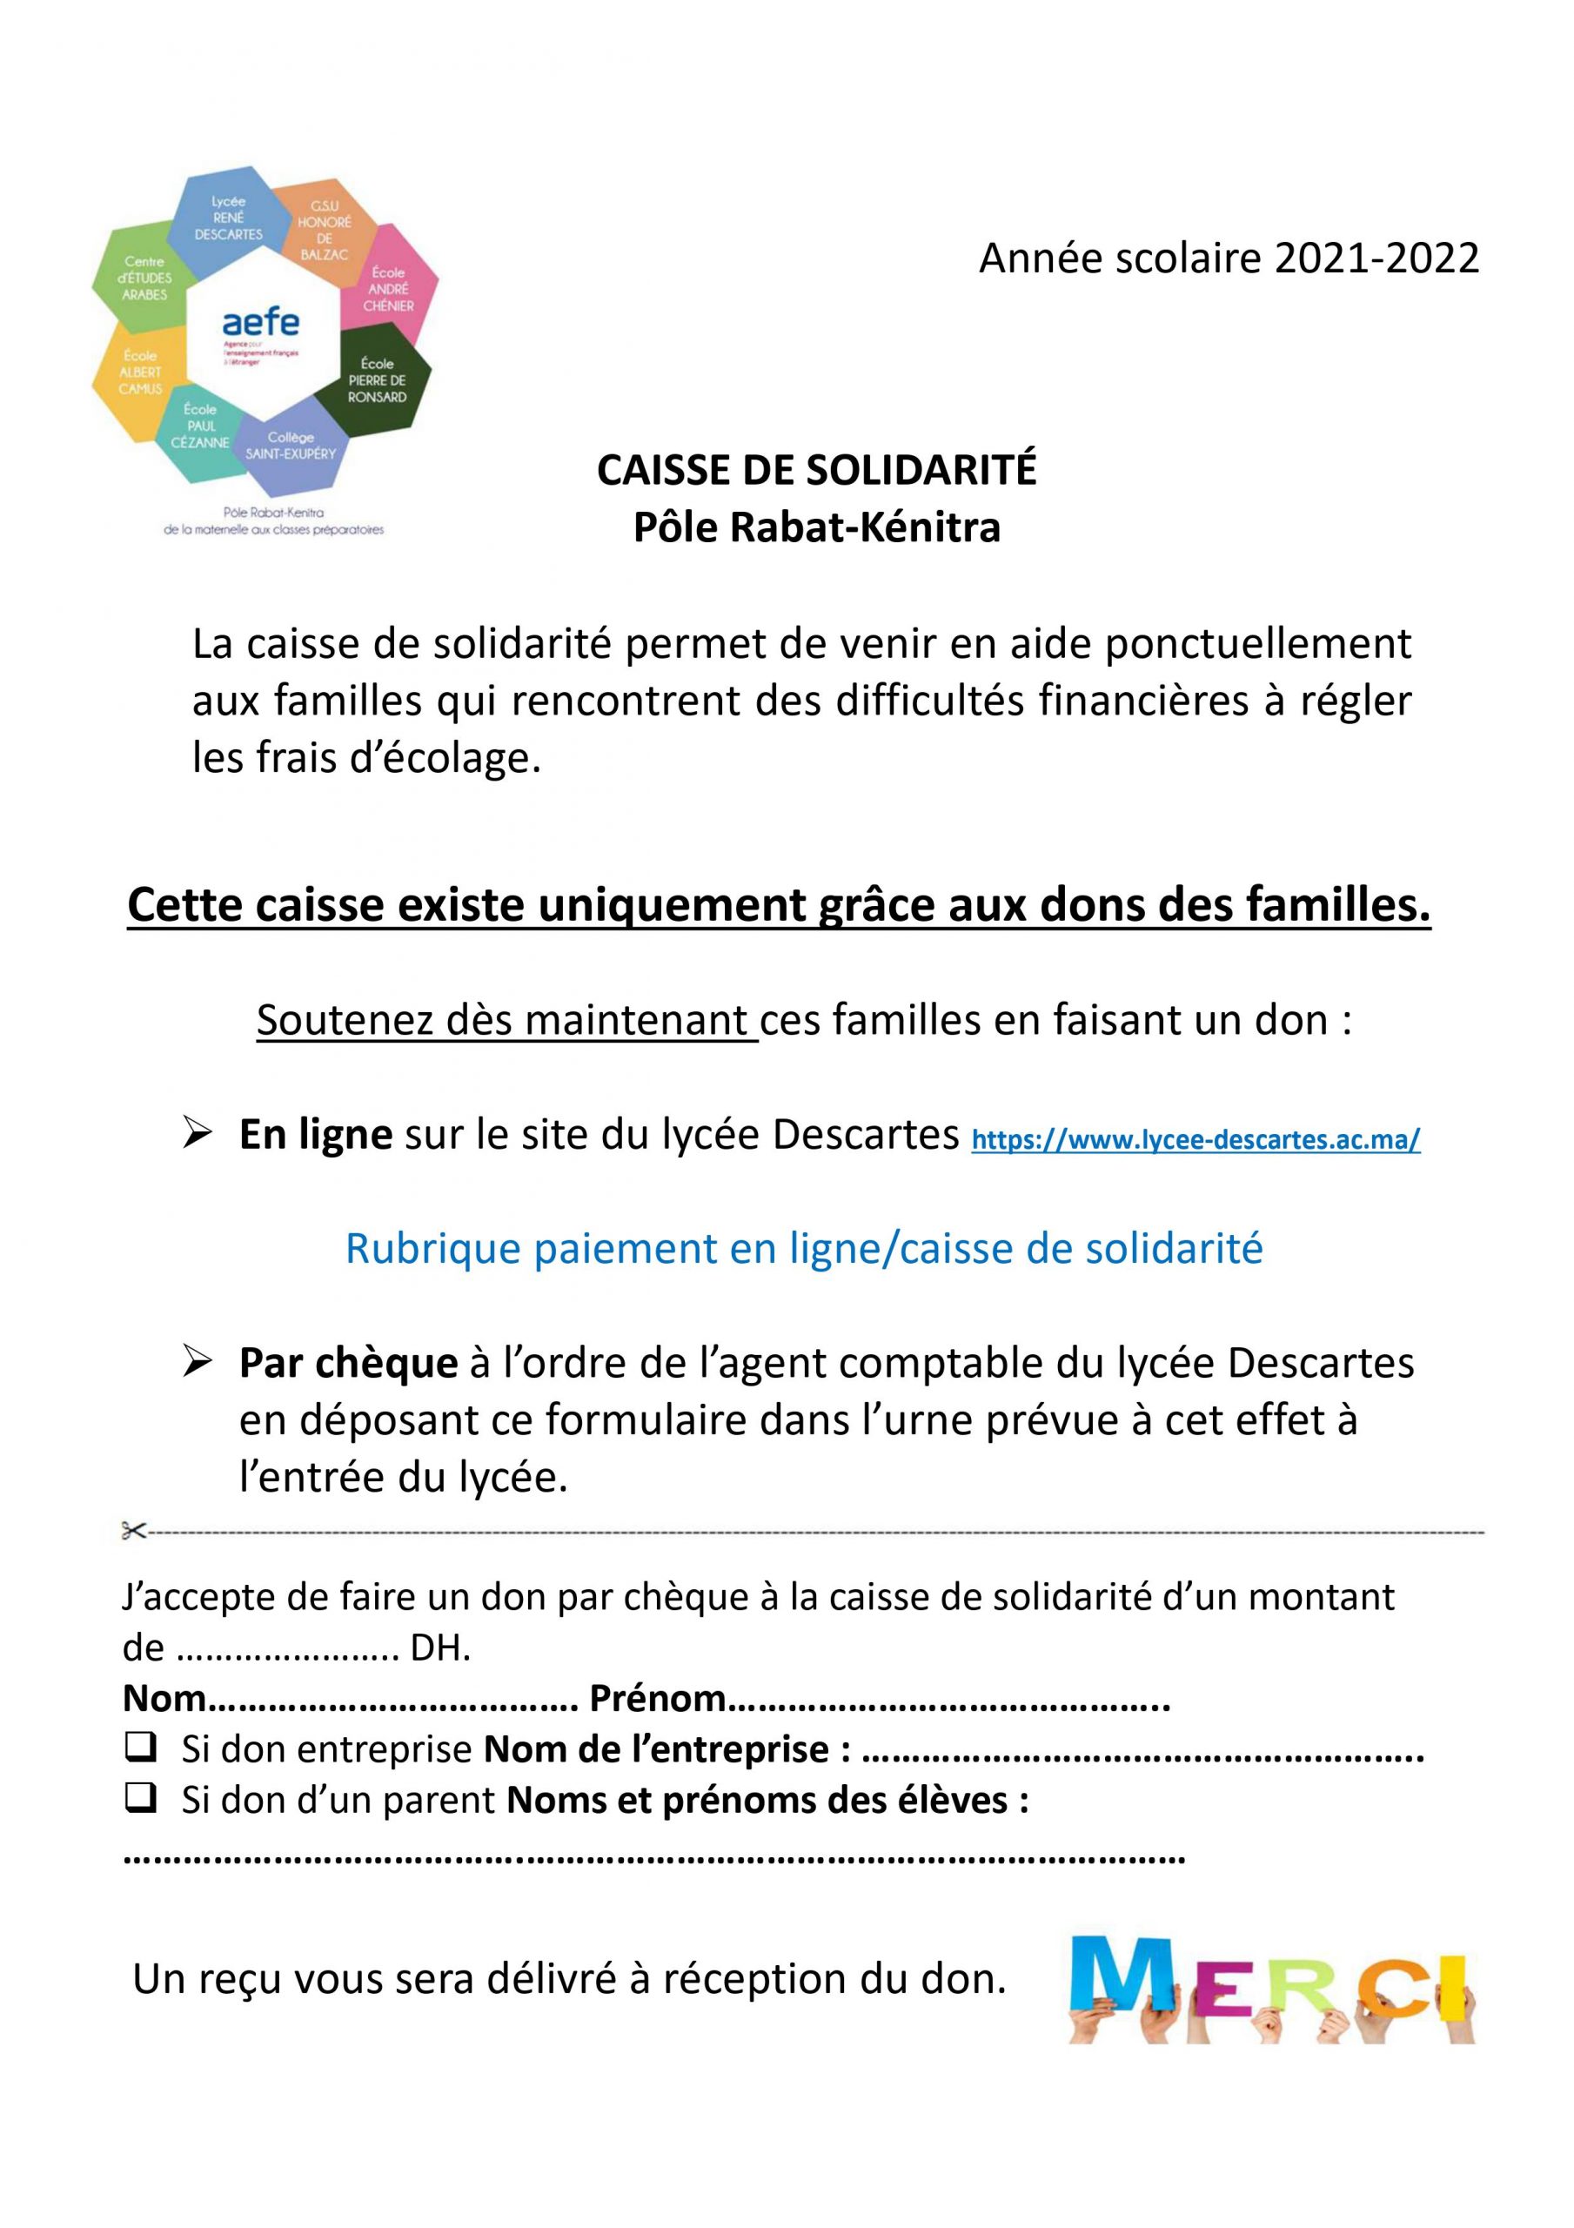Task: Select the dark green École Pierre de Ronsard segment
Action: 378,380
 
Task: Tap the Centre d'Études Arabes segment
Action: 144,278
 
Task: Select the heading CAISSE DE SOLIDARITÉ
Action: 816,471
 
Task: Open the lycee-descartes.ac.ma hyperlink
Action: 1196,1139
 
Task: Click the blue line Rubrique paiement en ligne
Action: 803,1248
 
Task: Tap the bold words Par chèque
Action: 348,1364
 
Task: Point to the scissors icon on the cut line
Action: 133,1531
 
